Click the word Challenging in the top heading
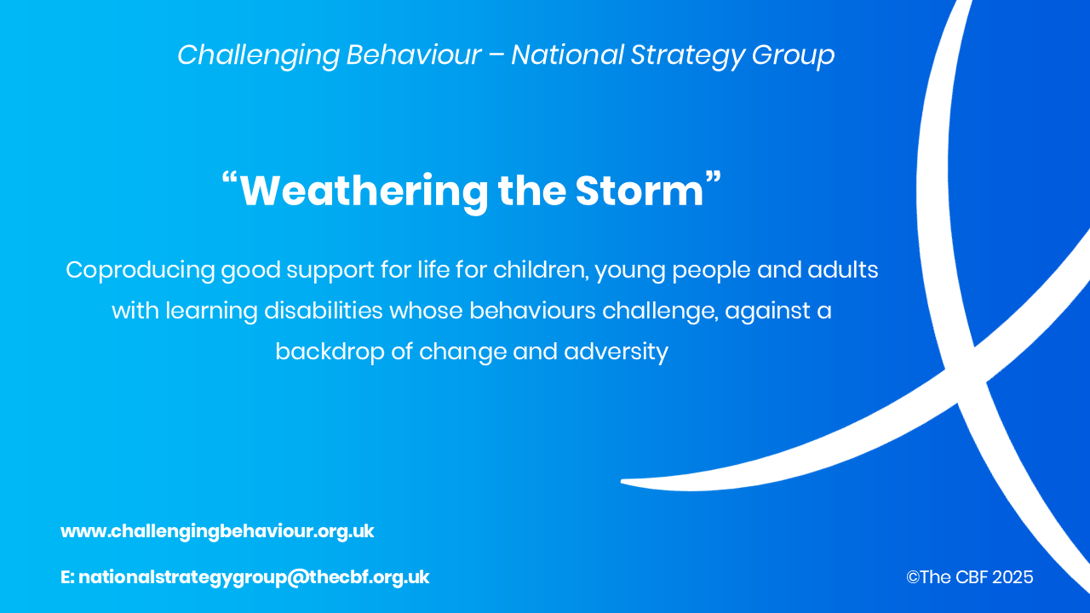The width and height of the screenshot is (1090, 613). (x=258, y=55)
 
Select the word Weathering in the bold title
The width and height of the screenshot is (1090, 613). (x=364, y=191)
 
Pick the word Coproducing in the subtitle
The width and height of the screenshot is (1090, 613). (x=141, y=271)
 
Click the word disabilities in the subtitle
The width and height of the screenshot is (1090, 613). (x=323, y=311)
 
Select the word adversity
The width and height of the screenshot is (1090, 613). (x=616, y=352)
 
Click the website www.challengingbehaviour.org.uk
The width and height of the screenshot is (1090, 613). (x=217, y=531)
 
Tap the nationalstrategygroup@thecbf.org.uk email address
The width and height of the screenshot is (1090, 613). (x=254, y=577)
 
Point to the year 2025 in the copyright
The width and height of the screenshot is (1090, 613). (x=1013, y=577)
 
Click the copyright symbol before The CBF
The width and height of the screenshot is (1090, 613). (x=913, y=577)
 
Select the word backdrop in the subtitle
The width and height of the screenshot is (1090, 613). (x=330, y=352)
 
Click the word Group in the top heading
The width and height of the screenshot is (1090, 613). (x=793, y=55)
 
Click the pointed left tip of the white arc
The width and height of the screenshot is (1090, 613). (x=622, y=482)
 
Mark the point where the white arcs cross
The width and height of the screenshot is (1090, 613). (x=967, y=375)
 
